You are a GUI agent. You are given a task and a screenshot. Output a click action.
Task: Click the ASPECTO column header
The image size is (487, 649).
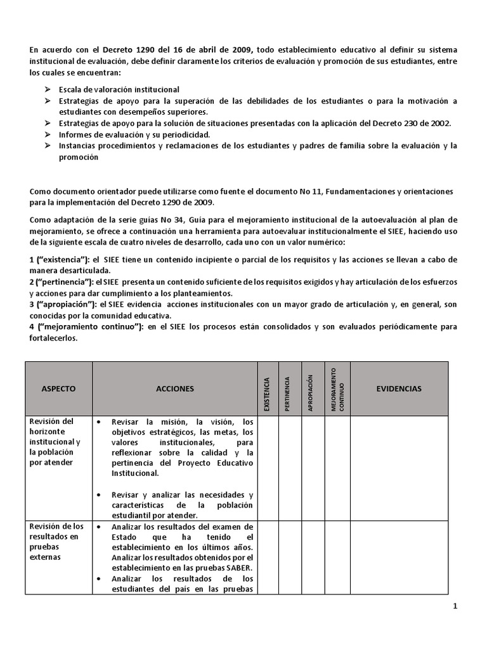click(x=58, y=389)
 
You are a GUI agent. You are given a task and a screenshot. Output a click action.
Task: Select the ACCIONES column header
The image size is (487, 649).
click(x=174, y=389)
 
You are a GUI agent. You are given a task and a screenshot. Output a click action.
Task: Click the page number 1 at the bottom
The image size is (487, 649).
click(x=455, y=607)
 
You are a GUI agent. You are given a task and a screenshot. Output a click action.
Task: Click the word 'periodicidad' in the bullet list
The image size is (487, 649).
click(x=185, y=135)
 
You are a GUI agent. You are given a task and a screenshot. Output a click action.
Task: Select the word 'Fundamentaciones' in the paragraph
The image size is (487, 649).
click(x=327, y=191)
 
